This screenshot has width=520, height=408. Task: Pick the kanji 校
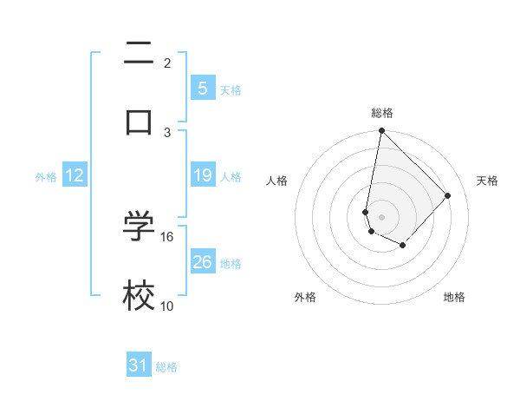139,295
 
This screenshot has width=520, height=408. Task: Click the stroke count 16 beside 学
167,236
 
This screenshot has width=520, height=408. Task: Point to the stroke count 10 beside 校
167,306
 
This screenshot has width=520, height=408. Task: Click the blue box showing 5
202,89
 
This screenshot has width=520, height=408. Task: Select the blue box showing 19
202,175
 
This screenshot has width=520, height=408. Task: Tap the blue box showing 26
202,262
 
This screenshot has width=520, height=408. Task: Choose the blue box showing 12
75,175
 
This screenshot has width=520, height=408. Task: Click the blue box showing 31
139,366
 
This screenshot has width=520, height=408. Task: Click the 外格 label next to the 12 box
46,177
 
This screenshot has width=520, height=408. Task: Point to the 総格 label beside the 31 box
166,367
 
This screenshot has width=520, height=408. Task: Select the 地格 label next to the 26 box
231,264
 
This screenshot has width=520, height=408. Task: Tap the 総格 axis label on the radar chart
382,113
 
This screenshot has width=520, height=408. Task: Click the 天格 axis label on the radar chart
487,181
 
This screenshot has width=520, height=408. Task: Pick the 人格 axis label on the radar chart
277,181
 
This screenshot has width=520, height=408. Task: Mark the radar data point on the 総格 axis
381,131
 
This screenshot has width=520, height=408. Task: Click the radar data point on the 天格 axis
448,195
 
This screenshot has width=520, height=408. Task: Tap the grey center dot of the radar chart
381,216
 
